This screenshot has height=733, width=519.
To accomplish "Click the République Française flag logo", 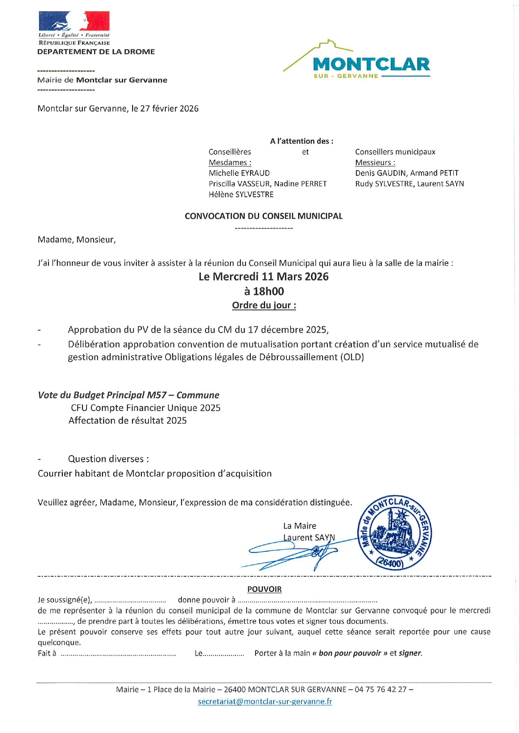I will click(x=74, y=21).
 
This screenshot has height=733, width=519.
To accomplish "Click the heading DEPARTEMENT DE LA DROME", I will click(x=96, y=52).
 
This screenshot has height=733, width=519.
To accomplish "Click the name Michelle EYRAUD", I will click(x=239, y=173).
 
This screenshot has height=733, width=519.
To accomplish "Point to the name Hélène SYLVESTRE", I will click(x=241, y=194).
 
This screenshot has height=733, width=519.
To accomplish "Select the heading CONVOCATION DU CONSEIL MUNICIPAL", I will click(x=263, y=216).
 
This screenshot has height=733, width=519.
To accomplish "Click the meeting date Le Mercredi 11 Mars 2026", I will click(x=263, y=277).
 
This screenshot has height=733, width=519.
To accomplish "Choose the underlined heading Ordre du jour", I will click(x=263, y=305).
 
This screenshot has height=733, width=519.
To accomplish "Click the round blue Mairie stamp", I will click(x=395, y=533).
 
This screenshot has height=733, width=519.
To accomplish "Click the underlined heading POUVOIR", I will click(x=264, y=589).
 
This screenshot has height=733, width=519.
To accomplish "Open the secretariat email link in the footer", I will click(x=265, y=702).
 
